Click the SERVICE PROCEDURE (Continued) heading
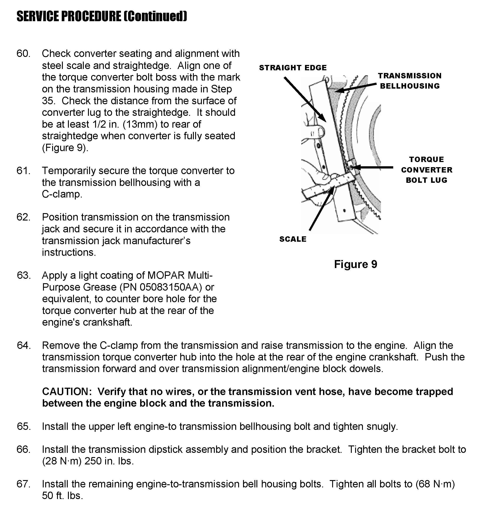(102, 17)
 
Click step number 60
(23, 54)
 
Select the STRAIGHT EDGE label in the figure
(293, 68)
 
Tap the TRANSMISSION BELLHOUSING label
(410, 81)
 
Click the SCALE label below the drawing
(293, 239)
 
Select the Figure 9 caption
(356, 264)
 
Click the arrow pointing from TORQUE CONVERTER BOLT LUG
(373, 167)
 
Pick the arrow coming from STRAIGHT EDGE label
(305, 99)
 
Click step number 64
(24, 345)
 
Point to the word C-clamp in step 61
(62, 194)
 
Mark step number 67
(23, 484)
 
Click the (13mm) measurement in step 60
(140, 125)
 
